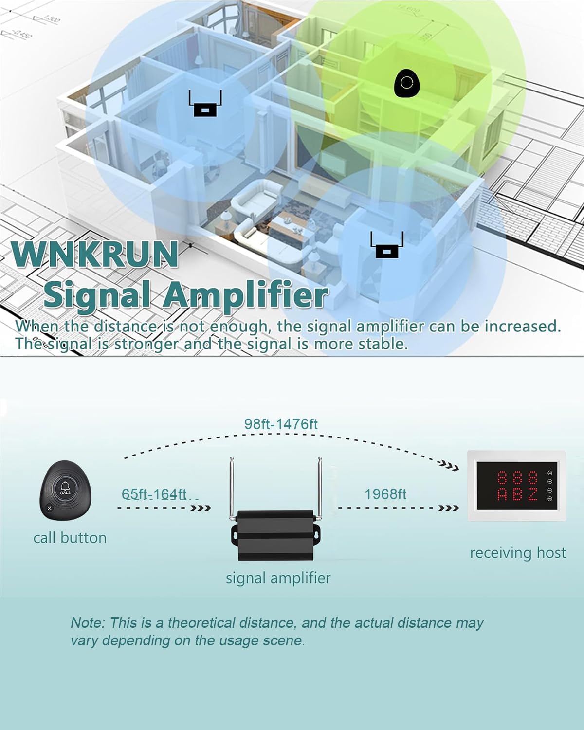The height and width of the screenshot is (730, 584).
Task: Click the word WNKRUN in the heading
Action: (x=95, y=254)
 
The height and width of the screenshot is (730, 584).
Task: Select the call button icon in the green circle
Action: (x=406, y=83)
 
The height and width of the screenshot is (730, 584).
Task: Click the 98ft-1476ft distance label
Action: (x=281, y=424)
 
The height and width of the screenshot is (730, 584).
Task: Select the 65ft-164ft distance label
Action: (x=154, y=494)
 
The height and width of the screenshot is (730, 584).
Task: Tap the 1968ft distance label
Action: (x=385, y=494)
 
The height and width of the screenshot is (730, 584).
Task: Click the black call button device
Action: (x=65, y=491)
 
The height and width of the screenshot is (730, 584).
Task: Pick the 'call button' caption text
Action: (x=70, y=538)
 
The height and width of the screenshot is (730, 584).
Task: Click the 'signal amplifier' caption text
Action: (x=278, y=578)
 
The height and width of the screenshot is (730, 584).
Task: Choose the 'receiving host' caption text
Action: (x=518, y=553)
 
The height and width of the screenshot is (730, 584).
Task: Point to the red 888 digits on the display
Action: (x=517, y=477)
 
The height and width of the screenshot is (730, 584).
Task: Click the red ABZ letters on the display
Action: (x=517, y=494)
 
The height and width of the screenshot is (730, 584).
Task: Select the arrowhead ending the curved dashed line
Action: (x=453, y=468)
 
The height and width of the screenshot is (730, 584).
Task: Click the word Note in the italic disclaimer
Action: (x=87, y=623)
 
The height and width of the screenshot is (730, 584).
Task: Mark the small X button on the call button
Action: (x=49, y=508)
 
